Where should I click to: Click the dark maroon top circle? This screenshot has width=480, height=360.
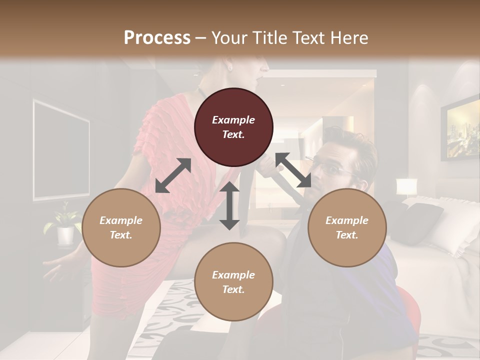[233, 127]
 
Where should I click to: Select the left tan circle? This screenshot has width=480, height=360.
[121, 227]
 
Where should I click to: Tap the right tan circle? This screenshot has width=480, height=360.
[346, 227]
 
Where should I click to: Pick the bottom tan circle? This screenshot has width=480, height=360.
[233, 282]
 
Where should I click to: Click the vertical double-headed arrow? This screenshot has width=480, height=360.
[229, 205]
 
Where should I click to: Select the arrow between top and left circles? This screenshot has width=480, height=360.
[173, 175]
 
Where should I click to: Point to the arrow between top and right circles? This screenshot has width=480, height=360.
[293, 170]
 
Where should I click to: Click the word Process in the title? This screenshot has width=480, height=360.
[157, 37]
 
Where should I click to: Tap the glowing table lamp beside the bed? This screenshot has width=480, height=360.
[406, 187]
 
